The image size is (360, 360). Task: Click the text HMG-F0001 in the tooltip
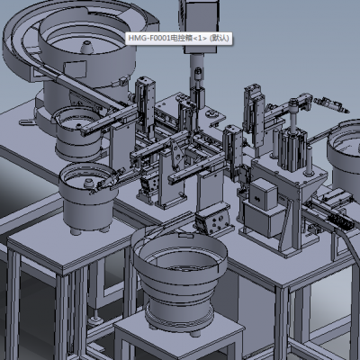point(149,38)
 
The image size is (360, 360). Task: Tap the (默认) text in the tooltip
point(219,38)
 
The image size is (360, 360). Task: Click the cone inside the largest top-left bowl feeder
point(87,48)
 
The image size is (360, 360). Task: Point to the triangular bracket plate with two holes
point(177,155)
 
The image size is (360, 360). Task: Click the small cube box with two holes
point(263,193)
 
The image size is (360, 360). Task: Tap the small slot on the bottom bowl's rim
point(185,235)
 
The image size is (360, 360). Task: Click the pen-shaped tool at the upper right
point(331,104)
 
